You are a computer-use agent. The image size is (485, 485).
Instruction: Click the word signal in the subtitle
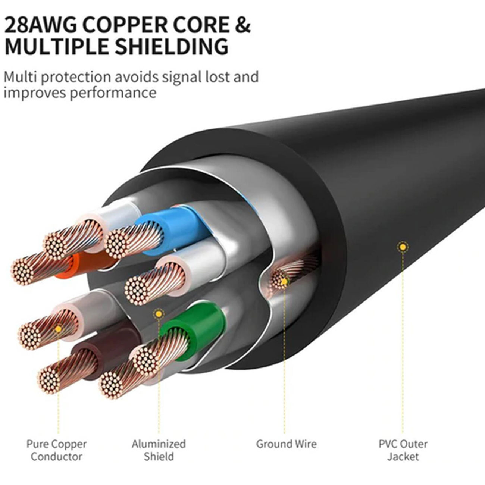[181, 76]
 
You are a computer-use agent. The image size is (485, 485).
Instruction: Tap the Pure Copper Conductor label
[57, 450]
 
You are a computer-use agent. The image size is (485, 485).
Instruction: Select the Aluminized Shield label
[159, 450]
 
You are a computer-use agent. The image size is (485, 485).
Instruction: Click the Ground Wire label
[287, 444]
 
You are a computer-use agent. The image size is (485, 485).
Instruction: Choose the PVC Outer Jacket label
[403, 450]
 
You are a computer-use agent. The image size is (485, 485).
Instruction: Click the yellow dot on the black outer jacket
[403, 247]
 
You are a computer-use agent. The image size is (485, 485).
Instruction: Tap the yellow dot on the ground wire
[284, 281]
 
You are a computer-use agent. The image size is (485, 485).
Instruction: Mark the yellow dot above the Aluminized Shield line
[159, 314]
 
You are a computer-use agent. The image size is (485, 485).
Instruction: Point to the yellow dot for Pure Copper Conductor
[59, 329]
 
